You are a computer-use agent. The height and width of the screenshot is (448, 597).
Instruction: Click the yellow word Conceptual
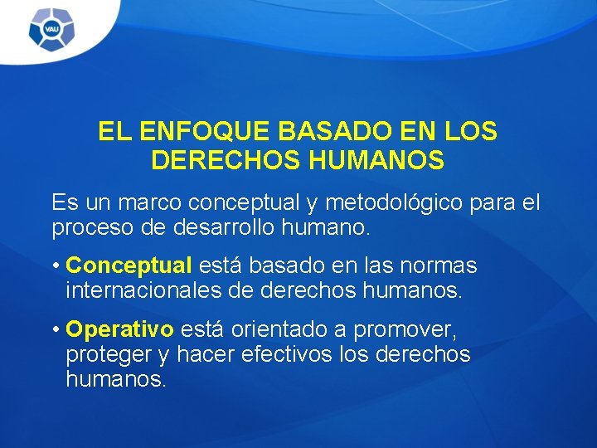[x=129, y=266]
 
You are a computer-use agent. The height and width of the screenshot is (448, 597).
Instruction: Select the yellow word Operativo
[x=119, y=330]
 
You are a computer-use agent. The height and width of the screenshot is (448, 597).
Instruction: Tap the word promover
[x=405, y=330]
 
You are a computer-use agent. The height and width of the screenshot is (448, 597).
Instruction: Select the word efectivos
[x=286, y=354]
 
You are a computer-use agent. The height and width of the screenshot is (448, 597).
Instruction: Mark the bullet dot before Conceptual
[x=54, y=267]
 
